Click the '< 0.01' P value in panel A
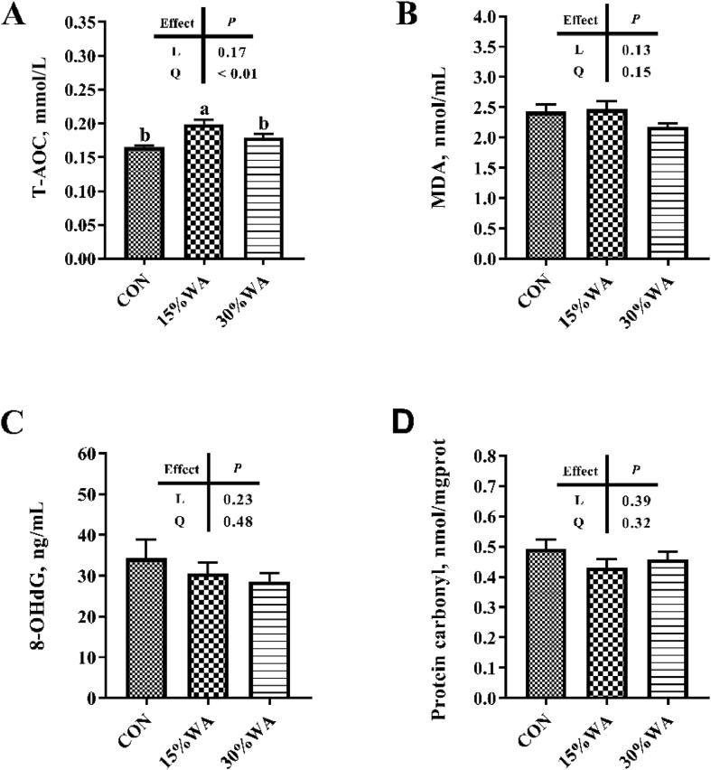click(x=237, y=74)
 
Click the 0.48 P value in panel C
click(x=237, y=521)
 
